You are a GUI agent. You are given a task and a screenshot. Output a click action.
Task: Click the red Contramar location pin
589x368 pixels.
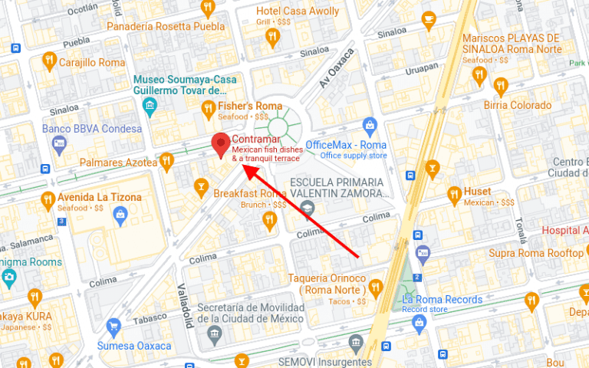pyautogui.click(x=221, y=143)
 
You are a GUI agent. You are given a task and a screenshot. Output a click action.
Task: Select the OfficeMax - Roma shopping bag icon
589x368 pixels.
pyautogui.click(x=370, y=124)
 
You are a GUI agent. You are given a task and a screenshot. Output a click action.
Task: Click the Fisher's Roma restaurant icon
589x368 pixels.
pyautogui.click(x=207, y=110)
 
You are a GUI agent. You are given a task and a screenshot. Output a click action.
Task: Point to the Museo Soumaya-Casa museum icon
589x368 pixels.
pyautogui.click(x=150, y=104)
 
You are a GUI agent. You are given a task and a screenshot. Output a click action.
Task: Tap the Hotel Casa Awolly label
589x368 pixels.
pyautogui.click(x=298, y=11)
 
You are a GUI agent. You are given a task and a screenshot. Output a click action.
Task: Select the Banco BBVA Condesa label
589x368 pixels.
pyautogui.click(x=92, y=129)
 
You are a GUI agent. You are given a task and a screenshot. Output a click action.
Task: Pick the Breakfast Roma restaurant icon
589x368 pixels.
pyautogui.click(x=268, y=221)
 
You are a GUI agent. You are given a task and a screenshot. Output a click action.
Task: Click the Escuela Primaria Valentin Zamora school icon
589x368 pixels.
pyautogui.click(x=308, y=207)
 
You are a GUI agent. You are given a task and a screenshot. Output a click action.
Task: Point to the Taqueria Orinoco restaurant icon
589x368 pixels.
pyautogui.click(x=375, y=287)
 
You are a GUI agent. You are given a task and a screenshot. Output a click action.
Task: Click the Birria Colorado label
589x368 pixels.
pyautogui.click(x=517, y=105)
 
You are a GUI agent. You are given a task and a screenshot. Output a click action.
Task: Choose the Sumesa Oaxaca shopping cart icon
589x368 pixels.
pyautogui.click(x=114, y=326)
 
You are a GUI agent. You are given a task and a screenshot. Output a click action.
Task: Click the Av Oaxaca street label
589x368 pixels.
pyautogui.click(x=337, y=70)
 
